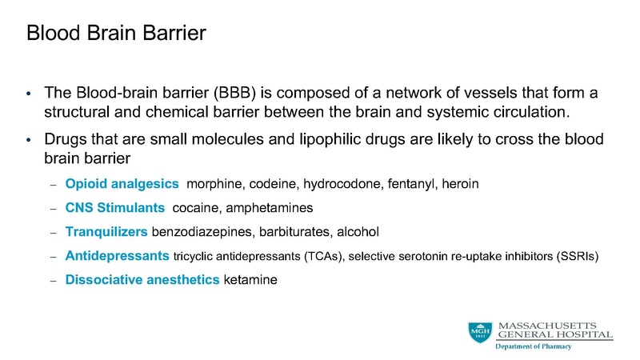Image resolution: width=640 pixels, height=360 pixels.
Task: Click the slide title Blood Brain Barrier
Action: [x=116, y=34]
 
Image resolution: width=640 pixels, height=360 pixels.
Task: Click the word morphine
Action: [x=213, y=184]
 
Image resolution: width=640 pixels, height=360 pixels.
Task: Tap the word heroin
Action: [x=461, y=184]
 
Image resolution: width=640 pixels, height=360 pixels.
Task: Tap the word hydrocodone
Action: [x=335, y=184]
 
